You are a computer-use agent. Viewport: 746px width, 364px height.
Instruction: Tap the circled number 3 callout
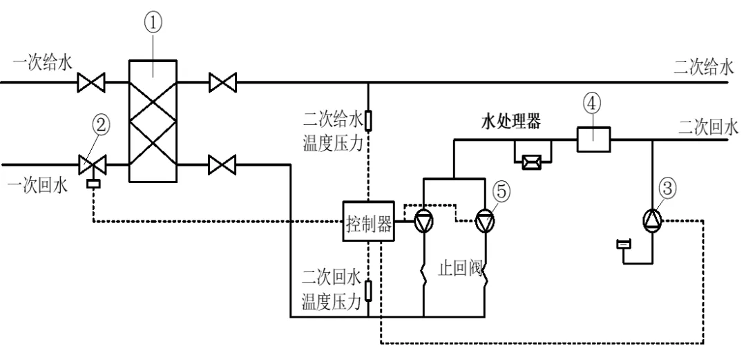pos(668,189)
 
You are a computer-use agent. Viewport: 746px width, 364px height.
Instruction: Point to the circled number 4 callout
pos(593,104)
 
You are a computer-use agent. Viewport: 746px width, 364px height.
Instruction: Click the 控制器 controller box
pos(369,221)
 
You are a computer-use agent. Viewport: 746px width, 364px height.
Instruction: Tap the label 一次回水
pos(38,186)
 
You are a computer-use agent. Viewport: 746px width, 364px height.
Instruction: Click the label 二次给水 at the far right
pos(704,68)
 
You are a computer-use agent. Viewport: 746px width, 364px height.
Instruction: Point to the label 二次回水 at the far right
pos(709,128)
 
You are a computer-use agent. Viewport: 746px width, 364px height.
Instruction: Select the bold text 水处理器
pos(511,122)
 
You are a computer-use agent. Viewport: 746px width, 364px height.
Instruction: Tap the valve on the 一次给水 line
pos(91,83)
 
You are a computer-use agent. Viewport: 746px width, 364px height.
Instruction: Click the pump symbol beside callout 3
pos(652,220)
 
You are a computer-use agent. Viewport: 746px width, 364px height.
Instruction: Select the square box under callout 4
pos(594,140)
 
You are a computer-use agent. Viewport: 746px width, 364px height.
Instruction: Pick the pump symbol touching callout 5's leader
pos(485,222)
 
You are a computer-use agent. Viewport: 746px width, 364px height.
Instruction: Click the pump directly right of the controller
pos(423,222)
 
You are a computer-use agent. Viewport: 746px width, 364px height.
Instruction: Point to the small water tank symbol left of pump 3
pos(623,244)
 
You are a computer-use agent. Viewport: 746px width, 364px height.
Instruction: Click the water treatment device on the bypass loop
pos(531,163)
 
